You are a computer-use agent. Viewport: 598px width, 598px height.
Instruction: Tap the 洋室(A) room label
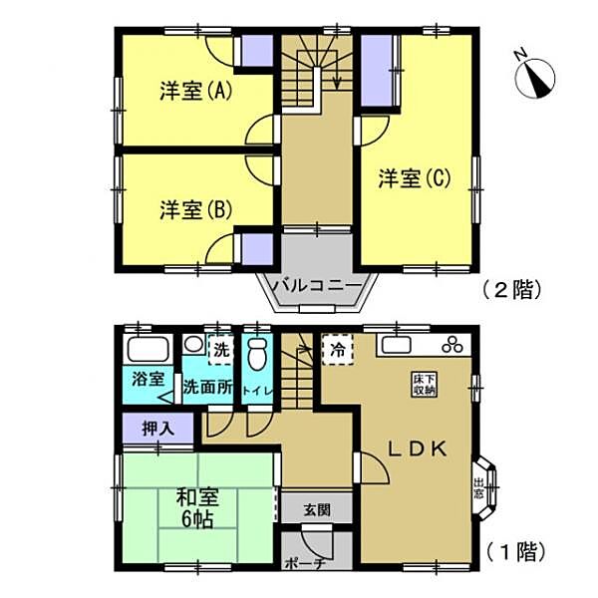coord(195,92)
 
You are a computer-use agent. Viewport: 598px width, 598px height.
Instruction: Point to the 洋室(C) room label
coord(416,179)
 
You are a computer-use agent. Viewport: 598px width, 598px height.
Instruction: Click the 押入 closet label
coord(149,429)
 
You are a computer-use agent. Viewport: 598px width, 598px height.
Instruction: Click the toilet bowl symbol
coord(257,354)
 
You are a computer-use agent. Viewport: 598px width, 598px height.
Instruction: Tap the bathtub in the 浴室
coord(148,352)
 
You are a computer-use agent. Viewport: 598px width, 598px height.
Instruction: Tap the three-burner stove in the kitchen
coord(450,346)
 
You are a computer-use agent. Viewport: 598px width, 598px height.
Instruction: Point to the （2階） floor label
coord(511,290)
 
